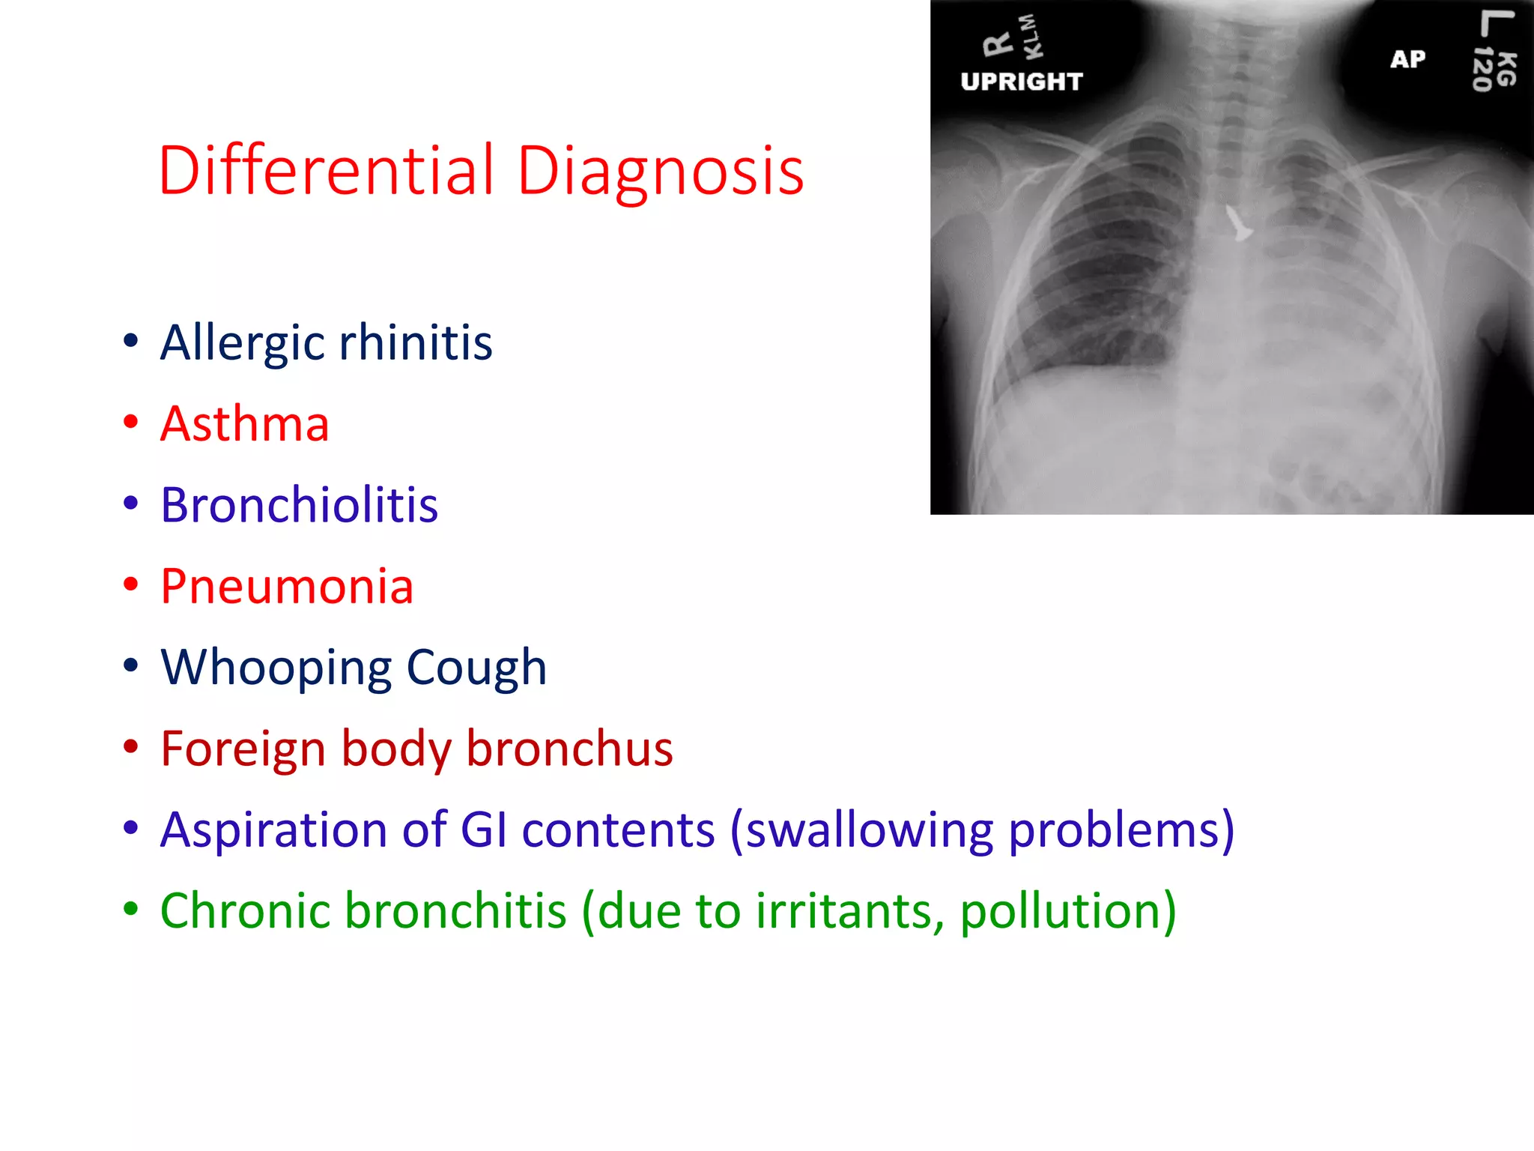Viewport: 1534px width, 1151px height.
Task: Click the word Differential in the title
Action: tap(327, 171)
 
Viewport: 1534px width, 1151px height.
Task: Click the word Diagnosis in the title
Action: tap(661, 172)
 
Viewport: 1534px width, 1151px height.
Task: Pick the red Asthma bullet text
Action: tap(245, 424)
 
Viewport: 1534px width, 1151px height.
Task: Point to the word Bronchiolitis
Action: tap(299, 505)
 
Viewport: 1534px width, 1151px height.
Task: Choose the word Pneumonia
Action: tap(287, 586)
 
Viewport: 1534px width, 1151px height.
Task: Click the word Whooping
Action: tap(276, 668)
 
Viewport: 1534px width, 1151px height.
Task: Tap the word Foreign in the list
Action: tap(243, 749)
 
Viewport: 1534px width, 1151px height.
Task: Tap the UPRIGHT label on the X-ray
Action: tap(1022, 81)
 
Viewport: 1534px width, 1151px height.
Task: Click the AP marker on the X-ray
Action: tap(1407, 59)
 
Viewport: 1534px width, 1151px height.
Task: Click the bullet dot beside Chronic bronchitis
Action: tap(131, 910)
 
